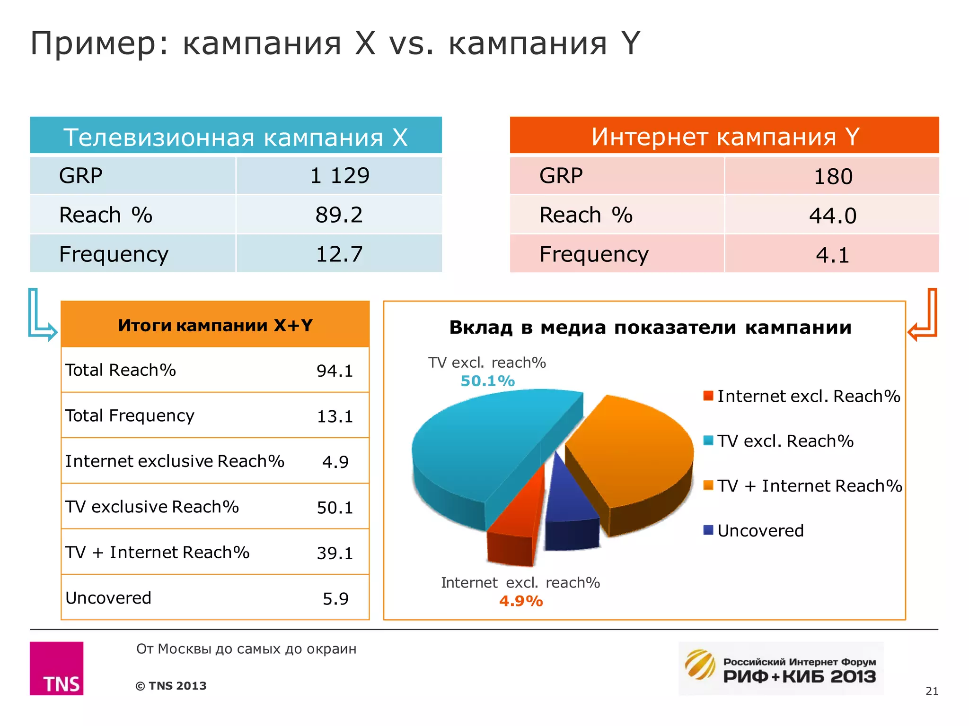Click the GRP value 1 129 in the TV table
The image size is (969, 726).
pos(339,176)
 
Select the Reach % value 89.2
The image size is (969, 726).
pos(339,215)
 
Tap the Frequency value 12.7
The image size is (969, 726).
pos(339,254)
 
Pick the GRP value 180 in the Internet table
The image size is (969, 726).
pos(833,177)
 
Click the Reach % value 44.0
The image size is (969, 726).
pos(833,216)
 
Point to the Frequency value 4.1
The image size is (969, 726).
pos(833,255)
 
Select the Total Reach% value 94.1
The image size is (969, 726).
pos(335,371)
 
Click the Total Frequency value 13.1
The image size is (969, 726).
pos(335,416)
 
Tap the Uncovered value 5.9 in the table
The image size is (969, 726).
pos(335,599)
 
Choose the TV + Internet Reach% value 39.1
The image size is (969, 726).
pos(335,553)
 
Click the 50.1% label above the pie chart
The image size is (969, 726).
pos(487,381)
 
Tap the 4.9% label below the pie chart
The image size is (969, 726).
pos(521,601)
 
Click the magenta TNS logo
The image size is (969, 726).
pos(57,668)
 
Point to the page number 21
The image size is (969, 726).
pos(932,691)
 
